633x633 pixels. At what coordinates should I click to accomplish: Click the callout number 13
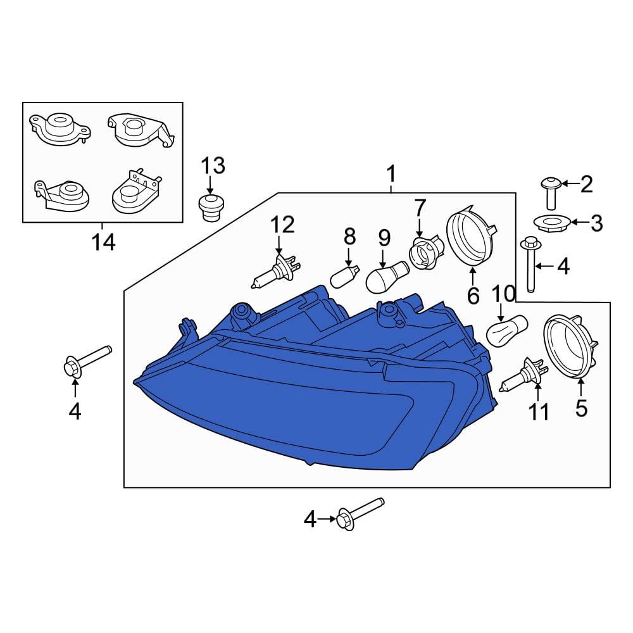213,166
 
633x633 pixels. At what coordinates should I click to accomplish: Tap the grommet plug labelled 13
211,208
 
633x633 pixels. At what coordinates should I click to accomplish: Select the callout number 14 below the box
103,242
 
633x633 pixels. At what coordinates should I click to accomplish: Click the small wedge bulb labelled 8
344,277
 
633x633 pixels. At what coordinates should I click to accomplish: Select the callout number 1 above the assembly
391,174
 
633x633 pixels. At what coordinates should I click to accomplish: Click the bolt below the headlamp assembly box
360,514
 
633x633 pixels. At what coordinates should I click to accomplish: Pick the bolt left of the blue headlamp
87,361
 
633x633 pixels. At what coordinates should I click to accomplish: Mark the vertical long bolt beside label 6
530,265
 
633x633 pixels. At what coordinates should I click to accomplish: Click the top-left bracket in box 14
60,128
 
